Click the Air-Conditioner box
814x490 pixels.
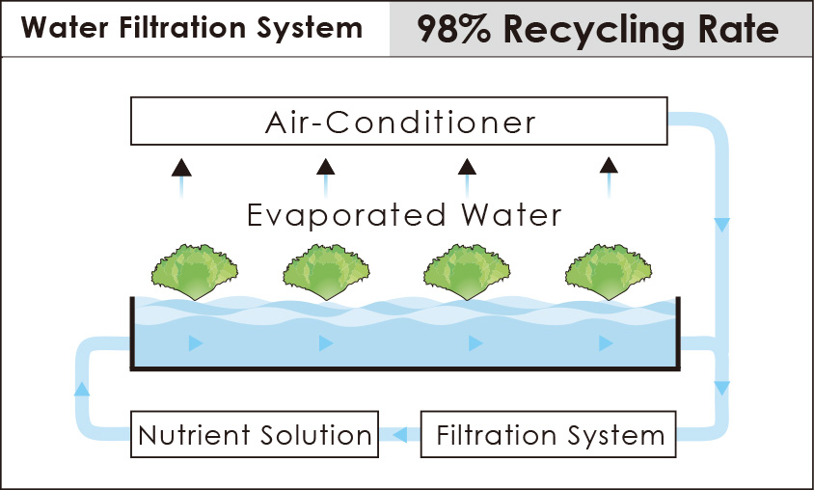click(398, 121)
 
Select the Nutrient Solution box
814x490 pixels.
click(255, 434)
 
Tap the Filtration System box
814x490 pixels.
click(548, 434)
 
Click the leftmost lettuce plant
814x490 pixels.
click(195, 272)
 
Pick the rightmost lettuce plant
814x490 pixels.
click(609, 272)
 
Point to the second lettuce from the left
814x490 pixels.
click(326, 272)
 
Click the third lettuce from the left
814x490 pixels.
click(467, 272)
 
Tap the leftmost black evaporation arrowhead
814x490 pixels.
click(181, 168)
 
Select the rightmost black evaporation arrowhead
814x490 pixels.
click(609, 166)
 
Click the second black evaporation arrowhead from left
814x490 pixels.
click(325, 167)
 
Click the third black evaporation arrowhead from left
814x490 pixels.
click(467, 167)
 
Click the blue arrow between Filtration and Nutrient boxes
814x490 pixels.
click(399, 434)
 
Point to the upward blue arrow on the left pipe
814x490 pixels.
click(82, 389)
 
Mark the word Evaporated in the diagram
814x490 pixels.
click(346, 215)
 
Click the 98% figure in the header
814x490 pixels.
click(453, 29)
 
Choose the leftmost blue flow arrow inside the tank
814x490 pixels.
click(196, 343)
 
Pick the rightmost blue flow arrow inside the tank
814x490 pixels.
click(606, 343)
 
